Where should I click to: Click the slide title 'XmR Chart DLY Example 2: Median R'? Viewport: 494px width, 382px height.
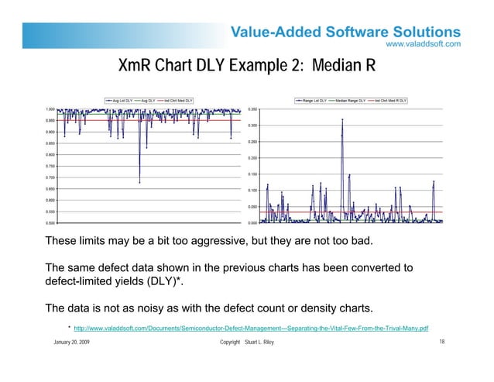pyautogui.click(x=246, y=67)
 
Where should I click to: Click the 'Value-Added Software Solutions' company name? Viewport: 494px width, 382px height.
pyautogui.click(x=346, y=32)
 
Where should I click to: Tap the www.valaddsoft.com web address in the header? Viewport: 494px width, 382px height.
pyautogui.click(x=424, y=44)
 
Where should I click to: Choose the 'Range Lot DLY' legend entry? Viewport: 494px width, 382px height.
pyautogui.click(x=317, y=100)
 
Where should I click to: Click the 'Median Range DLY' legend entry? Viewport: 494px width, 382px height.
pyautogui.click(x=355, y=100)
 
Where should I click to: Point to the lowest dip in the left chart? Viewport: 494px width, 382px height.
pyautogui.click(x=139, y=182)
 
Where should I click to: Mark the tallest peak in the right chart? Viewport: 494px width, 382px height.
pyautogui.click(x=342, y=119)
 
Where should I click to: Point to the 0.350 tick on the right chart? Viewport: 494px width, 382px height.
pyautogui.click(x=253, y=109)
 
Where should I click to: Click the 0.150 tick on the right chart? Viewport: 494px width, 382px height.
pyautogui.click(x=253, y=174)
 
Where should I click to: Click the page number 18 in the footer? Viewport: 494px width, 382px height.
pyautogui.click(x=441, y=342)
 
